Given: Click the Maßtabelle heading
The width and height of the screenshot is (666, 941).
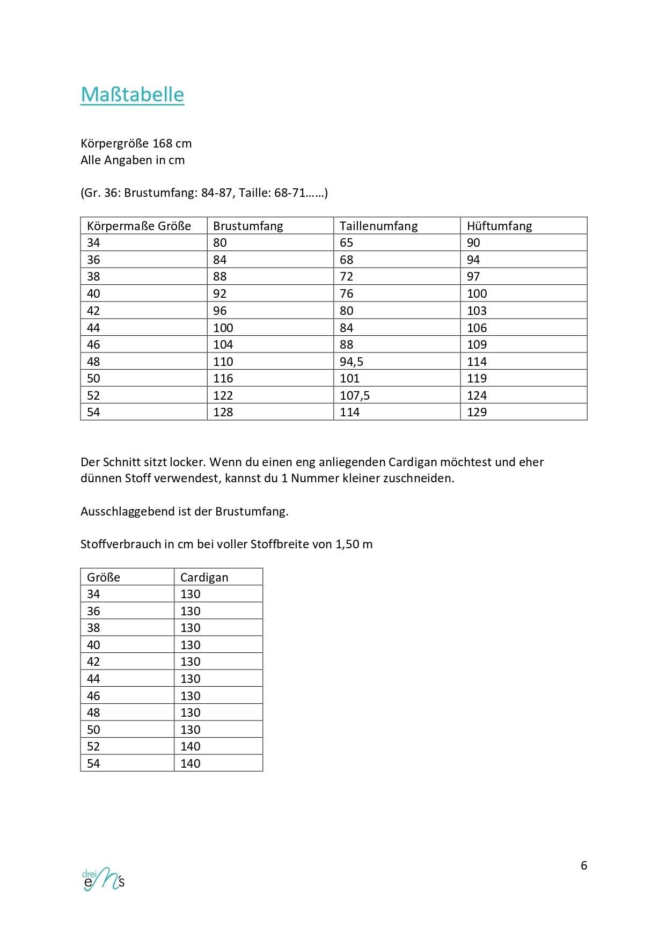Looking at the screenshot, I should pyautogui.click(x=132, y=94).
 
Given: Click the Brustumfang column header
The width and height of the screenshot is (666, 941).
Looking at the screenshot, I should pyautogui.click(x=248, y=226).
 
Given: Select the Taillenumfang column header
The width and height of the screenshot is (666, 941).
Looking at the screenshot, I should pyautogui.click(x=378, y=226).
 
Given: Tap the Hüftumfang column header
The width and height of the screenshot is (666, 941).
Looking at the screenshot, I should pyautogui.click(x=499, y=226).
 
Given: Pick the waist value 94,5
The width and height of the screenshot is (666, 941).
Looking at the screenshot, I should pyautogui.click(x=352, y=362).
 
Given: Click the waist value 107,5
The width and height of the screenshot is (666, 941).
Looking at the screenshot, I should pyautogui.click(x=355, y=395).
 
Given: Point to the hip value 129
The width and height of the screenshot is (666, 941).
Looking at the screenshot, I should pyautogui.click(x=477, y=412).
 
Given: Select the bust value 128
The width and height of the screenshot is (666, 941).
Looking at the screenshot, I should pyautogui.click(x=223, y=412).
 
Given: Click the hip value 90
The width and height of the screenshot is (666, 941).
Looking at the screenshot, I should pyautogui.click(x=473, y=242).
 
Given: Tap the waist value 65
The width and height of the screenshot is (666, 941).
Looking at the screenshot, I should pyautogui.click(x=346, y=242).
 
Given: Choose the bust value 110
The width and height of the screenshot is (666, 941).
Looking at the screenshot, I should pyautogui.click(x=223, y=362).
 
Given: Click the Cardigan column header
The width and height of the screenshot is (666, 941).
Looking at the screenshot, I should pyautogui.click(x=204, y=577).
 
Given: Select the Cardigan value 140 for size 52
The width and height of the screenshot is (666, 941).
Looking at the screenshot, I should pyautogui.click(x=190, y=746).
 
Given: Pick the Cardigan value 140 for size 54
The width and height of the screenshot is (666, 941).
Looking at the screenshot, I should pyautogui.click(x=190, y=763).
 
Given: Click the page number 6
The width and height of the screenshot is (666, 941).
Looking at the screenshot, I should pyautogui.click(x=584, y=865).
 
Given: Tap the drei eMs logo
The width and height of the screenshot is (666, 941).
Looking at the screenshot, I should pyautogui.click(x=103, y=879).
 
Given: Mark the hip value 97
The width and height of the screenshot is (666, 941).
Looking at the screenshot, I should pyautogui.click(x=473, y=276).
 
